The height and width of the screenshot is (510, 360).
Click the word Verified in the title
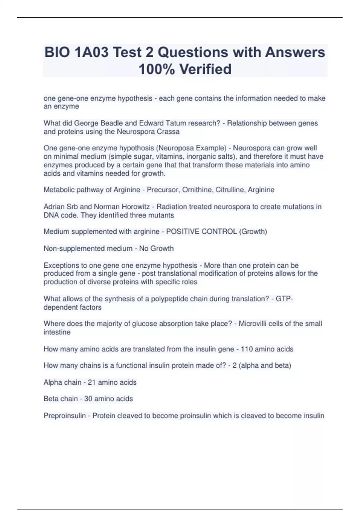coord(205,69)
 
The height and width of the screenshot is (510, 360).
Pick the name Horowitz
coord(133,207)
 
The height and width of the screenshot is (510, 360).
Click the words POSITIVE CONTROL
coord(201,232)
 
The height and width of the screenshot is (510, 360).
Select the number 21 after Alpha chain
coord(91,382)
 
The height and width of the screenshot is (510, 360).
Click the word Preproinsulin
coord(64,416)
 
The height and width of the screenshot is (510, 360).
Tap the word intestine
coord(57,332)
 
